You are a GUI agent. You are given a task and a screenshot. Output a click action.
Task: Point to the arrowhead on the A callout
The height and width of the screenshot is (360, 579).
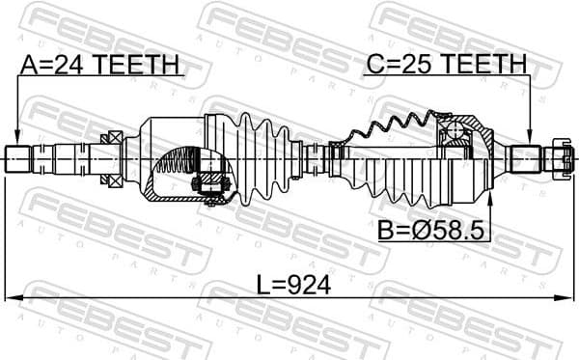[16, 138]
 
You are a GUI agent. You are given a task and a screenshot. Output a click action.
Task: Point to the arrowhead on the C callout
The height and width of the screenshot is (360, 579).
[530, 138]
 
